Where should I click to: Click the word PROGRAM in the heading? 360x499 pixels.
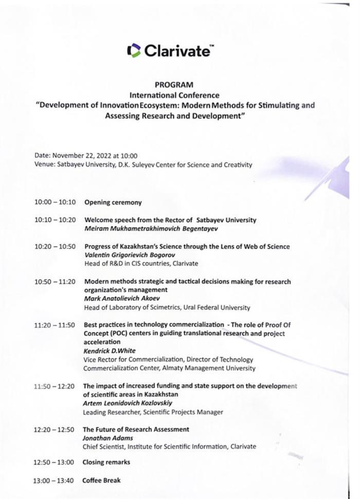174,85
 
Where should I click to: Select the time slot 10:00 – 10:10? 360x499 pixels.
55,202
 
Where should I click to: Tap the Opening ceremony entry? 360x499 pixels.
113,202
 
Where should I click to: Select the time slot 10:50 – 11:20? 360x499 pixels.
55,282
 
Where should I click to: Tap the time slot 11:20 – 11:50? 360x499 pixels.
55,325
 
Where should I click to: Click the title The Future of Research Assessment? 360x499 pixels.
136,429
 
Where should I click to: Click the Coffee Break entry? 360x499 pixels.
102,481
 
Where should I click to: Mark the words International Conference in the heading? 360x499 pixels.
174,95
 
